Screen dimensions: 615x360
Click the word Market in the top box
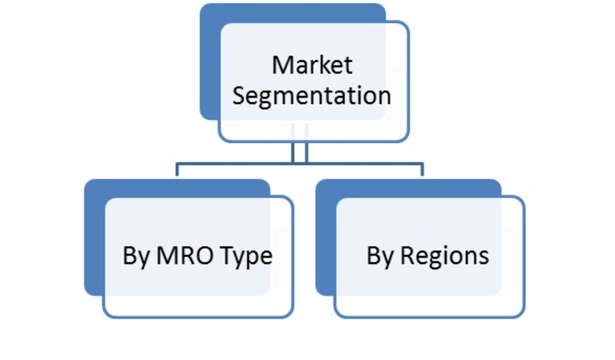click(x=312, y=65)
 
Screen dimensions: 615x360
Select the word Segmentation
click(x=312, y=97)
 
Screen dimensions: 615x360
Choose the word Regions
click(x=445, y=257)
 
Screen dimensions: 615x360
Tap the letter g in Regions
click(x=434, y=259)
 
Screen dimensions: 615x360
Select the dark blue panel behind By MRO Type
click(x=95, y=238)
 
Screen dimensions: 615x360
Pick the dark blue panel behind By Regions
click(x=325, y=238)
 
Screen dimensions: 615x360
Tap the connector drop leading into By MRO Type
click(x=178, y=169)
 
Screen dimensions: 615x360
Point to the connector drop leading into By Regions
click(x=422, y=169)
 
